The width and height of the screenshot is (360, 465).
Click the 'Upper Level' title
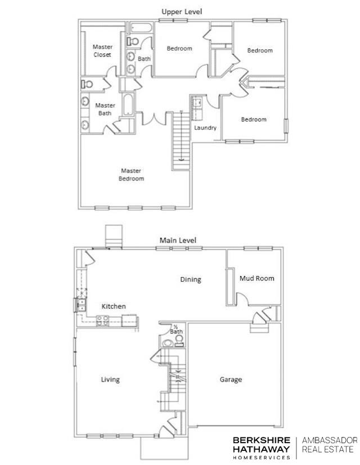tap(182, 11)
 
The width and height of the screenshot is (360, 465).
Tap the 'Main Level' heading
tap(178, 240)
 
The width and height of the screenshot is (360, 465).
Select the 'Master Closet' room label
tap(102, 51)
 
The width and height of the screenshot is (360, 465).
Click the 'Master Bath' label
tap(105, 109)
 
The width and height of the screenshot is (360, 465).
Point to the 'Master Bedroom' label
tap(131, 174)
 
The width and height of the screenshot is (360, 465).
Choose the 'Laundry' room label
tap(205, 128)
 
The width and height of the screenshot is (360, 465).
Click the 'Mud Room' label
tap(256, 278)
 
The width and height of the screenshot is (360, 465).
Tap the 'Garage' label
tap(231, 380)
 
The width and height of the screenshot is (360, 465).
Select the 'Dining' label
tap(190, 279)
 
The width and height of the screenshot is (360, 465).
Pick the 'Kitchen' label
tap(113, 306)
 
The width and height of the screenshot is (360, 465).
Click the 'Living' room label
tap(110, 380)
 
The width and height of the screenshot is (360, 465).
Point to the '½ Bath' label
tap(176, 329)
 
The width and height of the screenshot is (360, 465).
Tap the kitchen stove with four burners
tap(102, 320)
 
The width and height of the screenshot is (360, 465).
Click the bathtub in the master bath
tap(128, 105)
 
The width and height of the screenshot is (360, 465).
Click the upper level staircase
tap(181, 138)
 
